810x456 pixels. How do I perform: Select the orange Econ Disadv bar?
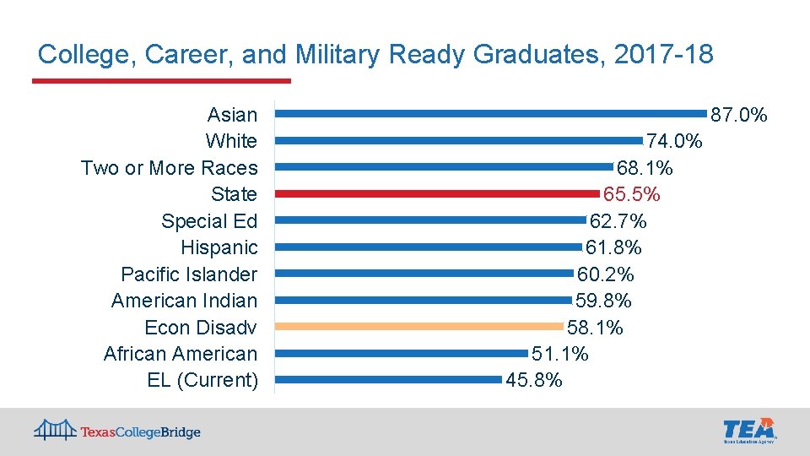click(x=418, y=326)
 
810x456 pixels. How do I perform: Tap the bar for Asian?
click(x=491, y=113)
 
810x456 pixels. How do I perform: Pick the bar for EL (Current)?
click(x=388, y=379)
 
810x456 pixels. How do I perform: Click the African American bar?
click(x=401, y=353)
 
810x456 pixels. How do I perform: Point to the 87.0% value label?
click(x=739, y=115)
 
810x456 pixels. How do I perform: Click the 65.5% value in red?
click(x=631, y=195)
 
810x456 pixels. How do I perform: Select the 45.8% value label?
click(x=534, y=381)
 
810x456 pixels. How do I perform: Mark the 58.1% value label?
click(x=595, y=328)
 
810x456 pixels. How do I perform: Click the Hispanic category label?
click(x=219, y=247)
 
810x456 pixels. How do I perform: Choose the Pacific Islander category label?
click(x=189, y=274)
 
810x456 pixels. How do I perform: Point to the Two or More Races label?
click(x=169, y=168)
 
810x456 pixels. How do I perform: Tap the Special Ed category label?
click(x=209, y=221)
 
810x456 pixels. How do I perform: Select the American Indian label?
click(x=184, y=301)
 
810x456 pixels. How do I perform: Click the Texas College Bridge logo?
click(x=117, y=432)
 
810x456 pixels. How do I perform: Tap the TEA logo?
click(x=748, y=430)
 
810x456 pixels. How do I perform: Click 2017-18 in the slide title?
click(x=664, y=56)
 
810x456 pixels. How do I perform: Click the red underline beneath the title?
click(x=161, y=81)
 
